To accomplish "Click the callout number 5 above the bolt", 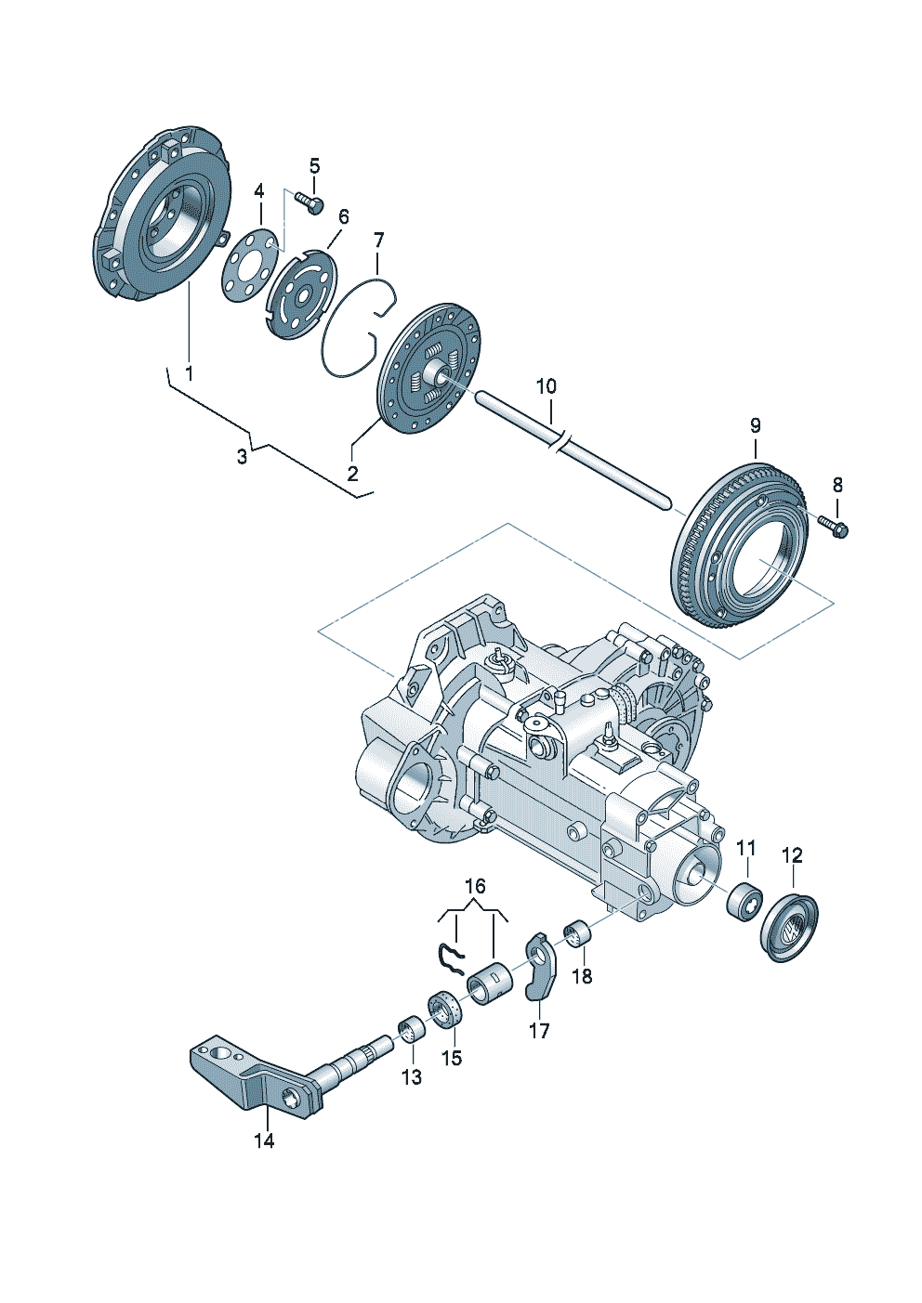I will tap(314, 167).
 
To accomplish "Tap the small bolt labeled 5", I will tap(310, 201).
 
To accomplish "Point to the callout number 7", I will tap(377, 240).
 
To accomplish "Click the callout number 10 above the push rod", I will tap(546, 385).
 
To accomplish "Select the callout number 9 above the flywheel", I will tap(755, 425).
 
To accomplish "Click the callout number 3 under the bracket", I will tap(242, 457).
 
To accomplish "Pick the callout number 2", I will tap(352, 474).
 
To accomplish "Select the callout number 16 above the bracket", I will tap(474, 887).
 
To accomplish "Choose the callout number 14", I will tap(265, 1140).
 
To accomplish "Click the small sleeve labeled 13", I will tap(410, 1031).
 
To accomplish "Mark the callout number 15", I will tap(451, 1058).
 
